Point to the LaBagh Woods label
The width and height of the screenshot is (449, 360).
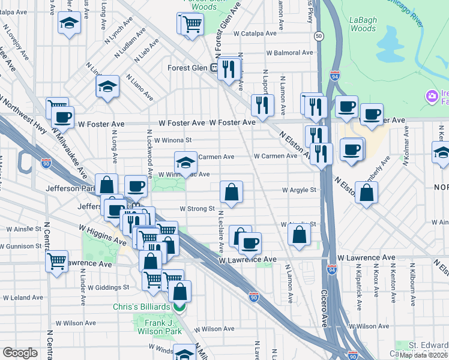tap(363, 24)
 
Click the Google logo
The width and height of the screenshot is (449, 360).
tap(20, 353)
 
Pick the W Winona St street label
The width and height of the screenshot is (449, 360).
tap(172, 140)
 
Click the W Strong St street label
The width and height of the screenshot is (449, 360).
tap(197, 209)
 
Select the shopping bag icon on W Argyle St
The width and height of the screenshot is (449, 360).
tap(231, 192)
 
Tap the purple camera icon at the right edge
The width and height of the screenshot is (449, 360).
tap(431, 96)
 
